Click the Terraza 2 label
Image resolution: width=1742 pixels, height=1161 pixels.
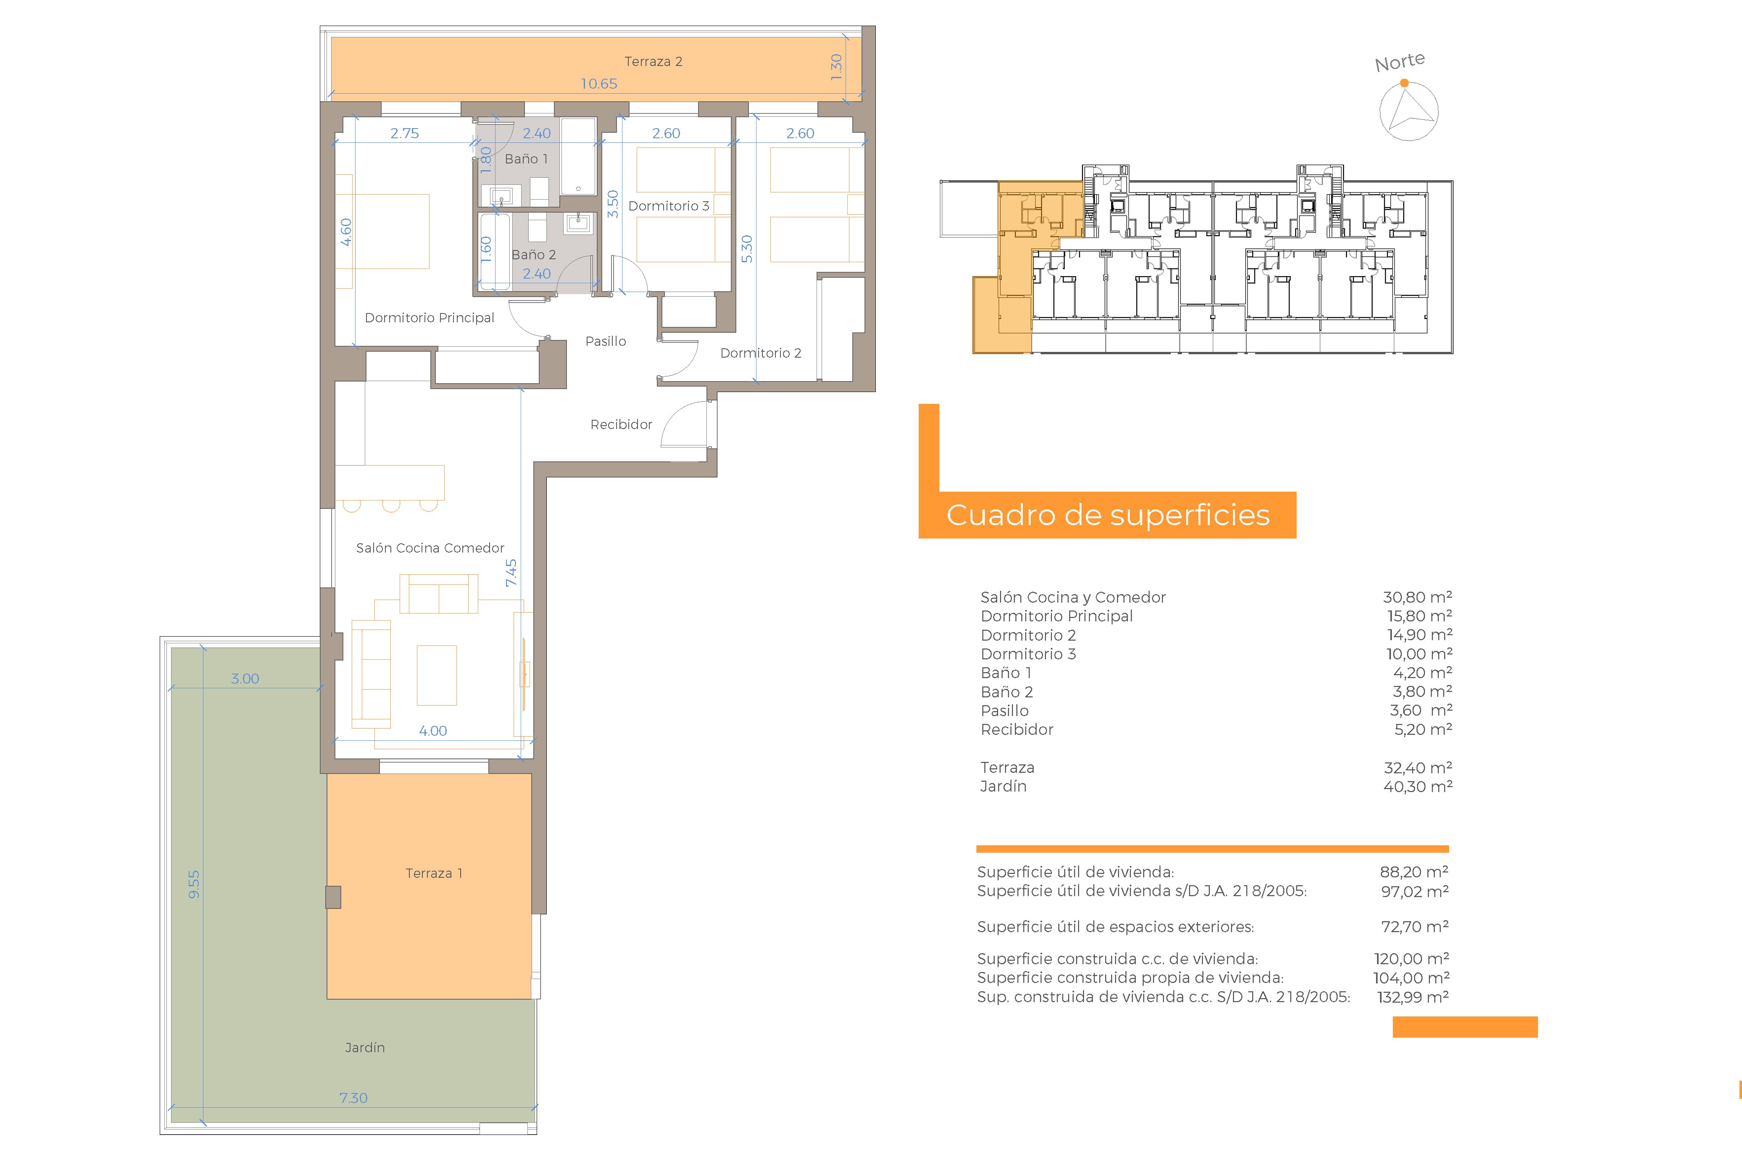click(653, 61)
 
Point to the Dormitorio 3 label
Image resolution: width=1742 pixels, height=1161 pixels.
click(669, 206)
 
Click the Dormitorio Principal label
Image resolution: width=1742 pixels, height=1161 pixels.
click(430, 318)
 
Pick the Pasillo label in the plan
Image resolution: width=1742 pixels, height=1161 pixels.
click(606, 341)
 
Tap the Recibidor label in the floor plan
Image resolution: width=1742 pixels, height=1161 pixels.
click(621, 424)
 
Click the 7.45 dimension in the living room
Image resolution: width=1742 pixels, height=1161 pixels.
click(511, 573)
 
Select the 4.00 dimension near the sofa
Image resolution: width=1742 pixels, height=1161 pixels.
click(433, 731)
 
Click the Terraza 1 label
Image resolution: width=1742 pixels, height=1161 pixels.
click(434, 873)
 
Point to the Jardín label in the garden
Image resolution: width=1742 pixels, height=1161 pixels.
click(365, 1048)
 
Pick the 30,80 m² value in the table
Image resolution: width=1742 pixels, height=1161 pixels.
click(1417, 597)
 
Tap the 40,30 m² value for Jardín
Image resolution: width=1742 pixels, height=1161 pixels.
click(1418, 786)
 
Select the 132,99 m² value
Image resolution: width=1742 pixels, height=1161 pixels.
click(1413, 997)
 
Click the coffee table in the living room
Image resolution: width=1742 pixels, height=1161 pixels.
click(437, 674)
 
